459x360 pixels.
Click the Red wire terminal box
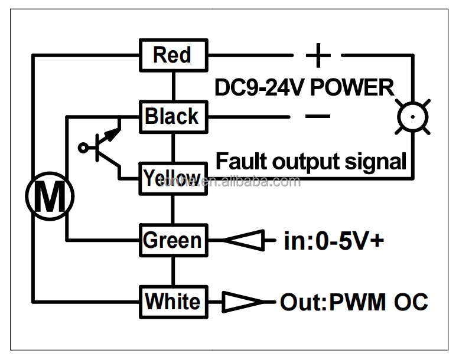[x=173, y=55]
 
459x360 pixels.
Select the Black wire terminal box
[x=173, y=116]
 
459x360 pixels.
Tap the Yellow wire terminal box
[x=173, y=178]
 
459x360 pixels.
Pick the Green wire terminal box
[x=173, y=240]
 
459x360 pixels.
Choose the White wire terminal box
[x=173, y=301]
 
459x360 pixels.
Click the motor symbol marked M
[x=49, y=196]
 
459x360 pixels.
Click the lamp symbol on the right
[x=412, y=117]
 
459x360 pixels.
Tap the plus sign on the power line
[x=318, y=55]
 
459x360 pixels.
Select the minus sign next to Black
[x=318, y=116]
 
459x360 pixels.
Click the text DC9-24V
[x=259, y=89]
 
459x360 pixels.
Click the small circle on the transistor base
[x=83, y=148]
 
